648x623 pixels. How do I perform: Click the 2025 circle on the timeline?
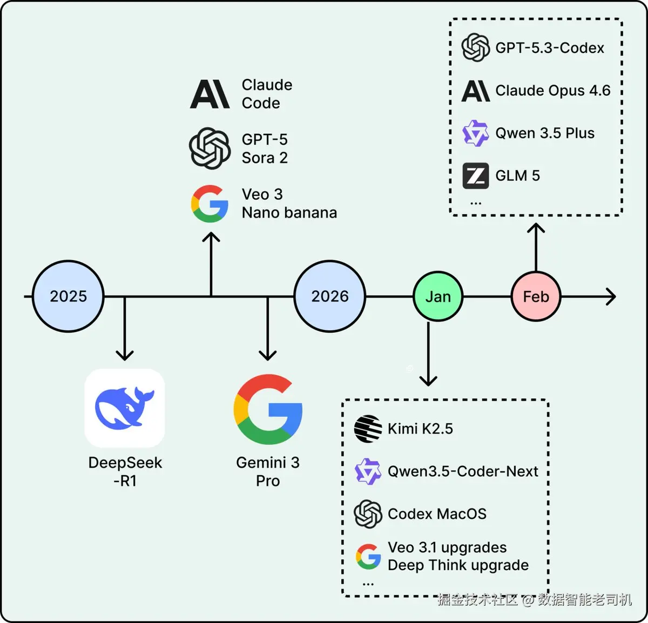point(68,296)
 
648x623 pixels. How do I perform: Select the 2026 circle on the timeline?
point(329,296)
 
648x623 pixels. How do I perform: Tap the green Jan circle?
point(438,296)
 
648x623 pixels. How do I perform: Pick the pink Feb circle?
point(536,296)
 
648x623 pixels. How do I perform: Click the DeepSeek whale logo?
point(125,408)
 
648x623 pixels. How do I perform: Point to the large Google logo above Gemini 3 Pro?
point(268,409)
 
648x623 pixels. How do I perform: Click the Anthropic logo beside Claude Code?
point(210,94)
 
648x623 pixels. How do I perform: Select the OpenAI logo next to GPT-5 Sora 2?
point(210,148)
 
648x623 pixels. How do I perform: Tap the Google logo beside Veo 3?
point(210,204)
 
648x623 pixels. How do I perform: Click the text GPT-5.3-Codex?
point(549,48)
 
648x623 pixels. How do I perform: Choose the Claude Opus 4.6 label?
point(553,91)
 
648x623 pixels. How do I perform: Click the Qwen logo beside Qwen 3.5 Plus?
point(476,133)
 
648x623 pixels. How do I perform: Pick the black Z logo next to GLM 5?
point(476,176)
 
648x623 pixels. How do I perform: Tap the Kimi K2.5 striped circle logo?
point(368,429)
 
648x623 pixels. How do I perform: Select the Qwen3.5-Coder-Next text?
point(463,471)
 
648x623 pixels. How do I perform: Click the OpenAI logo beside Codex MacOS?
point(368,514)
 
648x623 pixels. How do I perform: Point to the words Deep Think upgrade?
point(458,565)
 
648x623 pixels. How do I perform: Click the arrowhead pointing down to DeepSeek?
point(125,356)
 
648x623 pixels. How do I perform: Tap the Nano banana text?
point(289,213)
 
